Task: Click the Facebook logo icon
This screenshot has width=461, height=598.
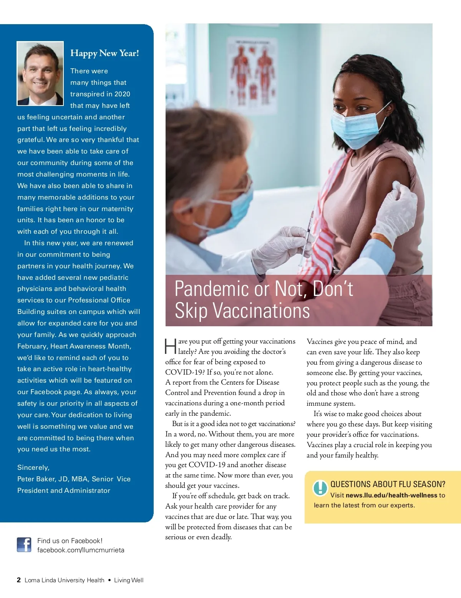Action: coord(24,545)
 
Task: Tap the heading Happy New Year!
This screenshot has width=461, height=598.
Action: coord(104,53)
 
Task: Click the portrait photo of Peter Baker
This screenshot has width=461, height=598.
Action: coord(40,73)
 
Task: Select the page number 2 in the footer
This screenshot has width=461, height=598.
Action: coord(19,580)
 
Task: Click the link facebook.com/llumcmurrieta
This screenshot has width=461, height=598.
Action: coord(81,550)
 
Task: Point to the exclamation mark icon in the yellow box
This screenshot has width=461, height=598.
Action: coord(320,488)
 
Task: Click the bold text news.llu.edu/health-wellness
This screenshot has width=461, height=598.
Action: coord(391,495)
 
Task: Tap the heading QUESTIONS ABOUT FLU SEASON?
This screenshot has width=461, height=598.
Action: coord(388,484)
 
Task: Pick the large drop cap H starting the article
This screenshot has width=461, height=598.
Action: coord(171,346)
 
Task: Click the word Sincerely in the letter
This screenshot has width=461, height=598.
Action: coord(33,467)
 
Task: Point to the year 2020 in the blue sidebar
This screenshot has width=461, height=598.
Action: coord(122,94)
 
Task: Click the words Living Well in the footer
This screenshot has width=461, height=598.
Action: coord(129,580)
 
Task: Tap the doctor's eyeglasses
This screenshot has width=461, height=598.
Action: coord(246,180)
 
